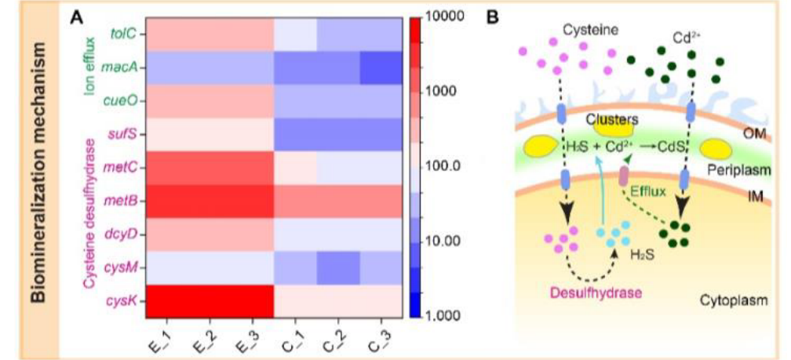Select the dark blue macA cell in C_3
click(x=382, y=69)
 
